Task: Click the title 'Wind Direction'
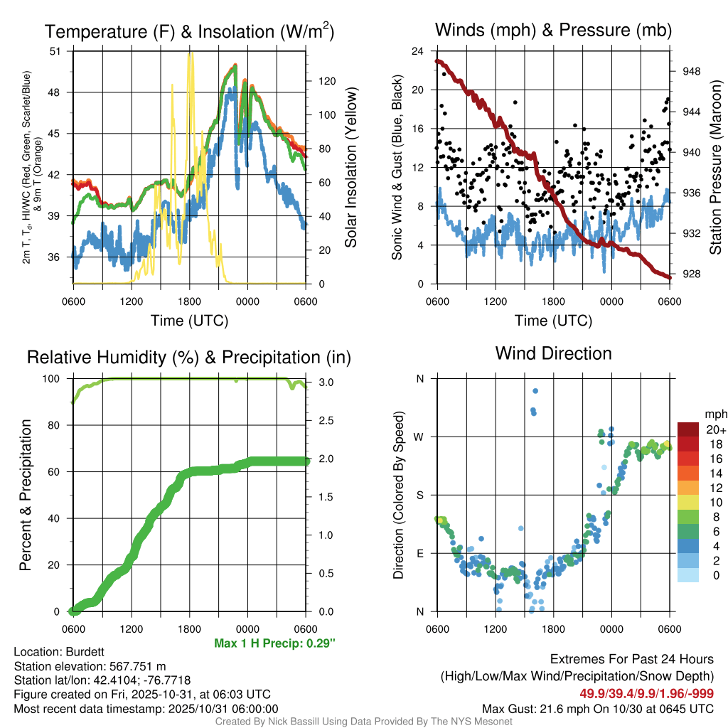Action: tap(553, 353)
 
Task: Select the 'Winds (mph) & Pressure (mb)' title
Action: tap(553, 30)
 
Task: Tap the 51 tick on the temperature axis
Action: tap(56, 51)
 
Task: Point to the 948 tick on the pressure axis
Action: tap(691, 71)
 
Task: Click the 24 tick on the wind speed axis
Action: tap(418, 51)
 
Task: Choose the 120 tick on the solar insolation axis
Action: tap(326, 81)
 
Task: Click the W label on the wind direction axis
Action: tap(419, 437)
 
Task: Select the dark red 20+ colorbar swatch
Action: tap(688, 429)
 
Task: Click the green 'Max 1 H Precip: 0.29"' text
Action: tap(274, 643)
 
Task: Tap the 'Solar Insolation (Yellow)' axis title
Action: tap(351, 168)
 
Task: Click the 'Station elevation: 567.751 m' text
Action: tap(90, 666)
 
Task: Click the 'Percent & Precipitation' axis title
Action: tap(25, 495)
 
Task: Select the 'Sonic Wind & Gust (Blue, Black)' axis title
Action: tap(397, 168)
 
